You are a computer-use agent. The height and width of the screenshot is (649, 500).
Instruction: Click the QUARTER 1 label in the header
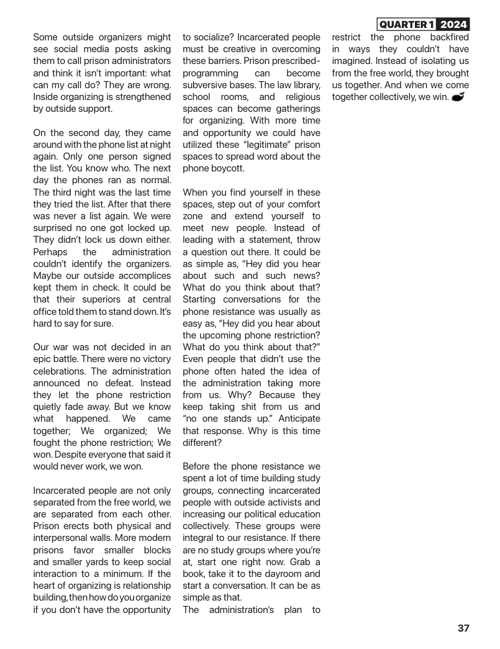pyautogui.click(x=406, y=25)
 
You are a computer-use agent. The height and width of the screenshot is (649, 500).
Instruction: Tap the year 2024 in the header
pyautogui.click(x=453, y=25)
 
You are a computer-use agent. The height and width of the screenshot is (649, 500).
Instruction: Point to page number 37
pyautogui.click(x=463, y=628)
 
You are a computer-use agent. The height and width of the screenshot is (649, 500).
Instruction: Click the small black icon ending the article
pyautogui.click(x=458, y=97)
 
